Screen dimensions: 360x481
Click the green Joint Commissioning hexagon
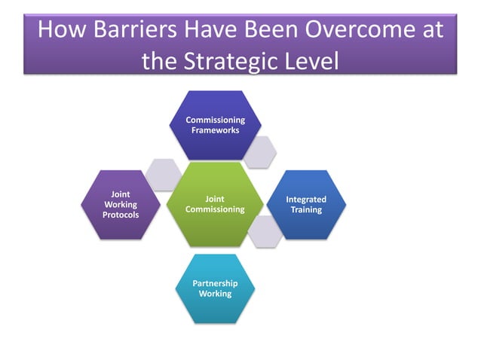coord(215,204)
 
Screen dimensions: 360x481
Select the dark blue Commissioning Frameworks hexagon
coord(215,125)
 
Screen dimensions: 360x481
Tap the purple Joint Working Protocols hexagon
coord(121,204)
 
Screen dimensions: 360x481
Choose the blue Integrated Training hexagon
coord(306,204)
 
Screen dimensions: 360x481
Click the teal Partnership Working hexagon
coord(215,288)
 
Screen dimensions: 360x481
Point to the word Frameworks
coord(215,130)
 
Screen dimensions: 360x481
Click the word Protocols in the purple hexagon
coord(121,215)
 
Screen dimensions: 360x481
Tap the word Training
coord(306,209)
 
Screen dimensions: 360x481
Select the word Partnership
coord(215,283)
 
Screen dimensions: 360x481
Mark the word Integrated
coord(306,200)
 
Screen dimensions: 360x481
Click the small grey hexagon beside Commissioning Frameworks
coord(260,151)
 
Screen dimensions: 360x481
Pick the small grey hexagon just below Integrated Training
coord(265,231)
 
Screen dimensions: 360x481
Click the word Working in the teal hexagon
coord(215,294)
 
